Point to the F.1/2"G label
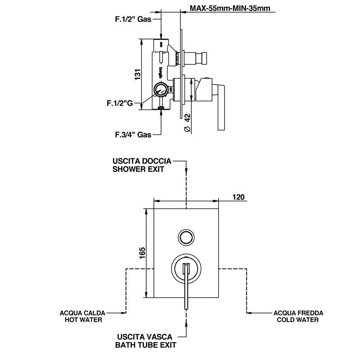tap(120, 103)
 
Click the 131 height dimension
tap(137, 74)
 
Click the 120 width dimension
tap(238, 197)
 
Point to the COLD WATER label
tap(298, 320)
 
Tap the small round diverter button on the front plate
tap(185, 237)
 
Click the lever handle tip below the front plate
tap(186, 306)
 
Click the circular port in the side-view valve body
tap(160, 90)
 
